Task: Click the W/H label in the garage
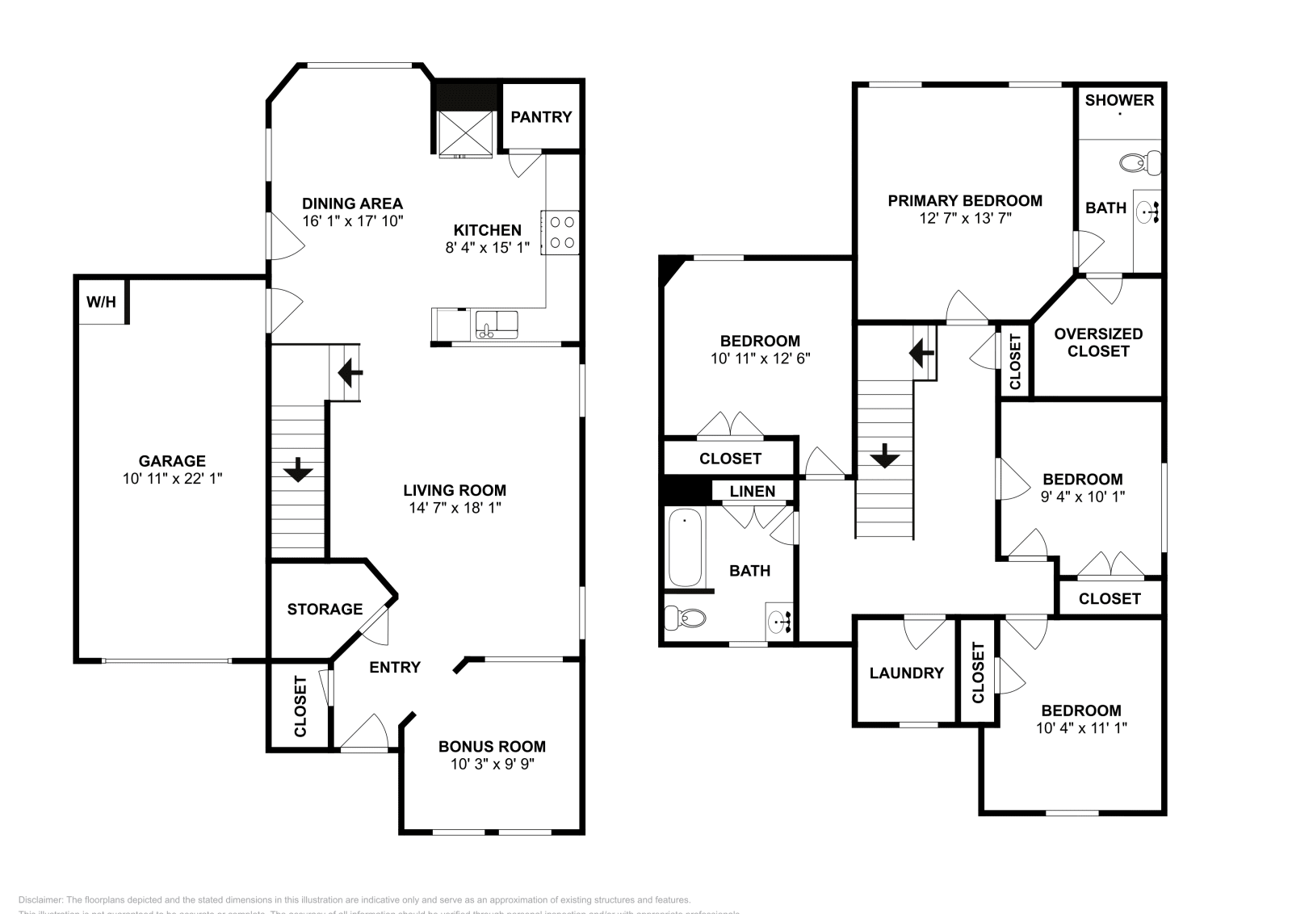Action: click(x=101, y=303)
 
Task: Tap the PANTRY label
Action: click(x=541, y=117)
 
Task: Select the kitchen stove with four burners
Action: click(x=560, y=232)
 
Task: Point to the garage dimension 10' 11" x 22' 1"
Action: click(x=172, y=478)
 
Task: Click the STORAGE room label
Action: click(x=325, y=609)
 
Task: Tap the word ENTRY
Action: click(x=395, y=667)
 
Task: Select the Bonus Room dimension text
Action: click(x=493, y=764)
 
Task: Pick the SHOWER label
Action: click(x=1119, y=100)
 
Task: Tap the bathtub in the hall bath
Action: click(x=685, y=547)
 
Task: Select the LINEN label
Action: click(x=753, y=491)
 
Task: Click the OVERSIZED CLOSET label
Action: click(x=1098, y=342)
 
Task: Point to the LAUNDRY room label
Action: click(x=906, y=673)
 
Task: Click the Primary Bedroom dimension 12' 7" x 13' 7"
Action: click(x=965, y=218)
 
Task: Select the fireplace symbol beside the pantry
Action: click(x=465, y=133)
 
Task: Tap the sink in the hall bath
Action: click(x=780, y=623)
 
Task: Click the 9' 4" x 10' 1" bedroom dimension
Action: click(x=1082, y=497)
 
